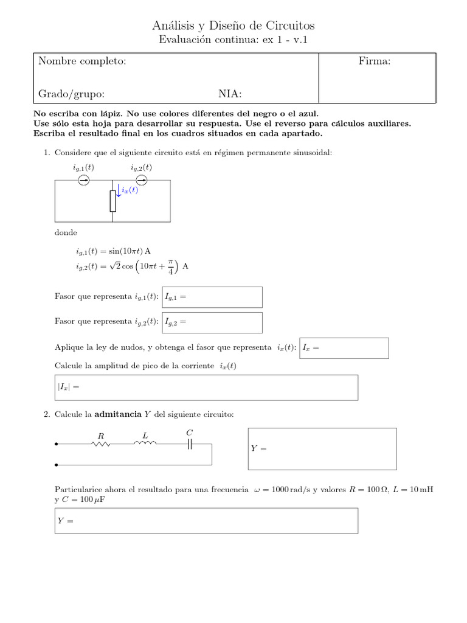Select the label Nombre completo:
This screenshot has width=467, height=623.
pos(82,61)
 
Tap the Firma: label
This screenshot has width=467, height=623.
pos(375,61)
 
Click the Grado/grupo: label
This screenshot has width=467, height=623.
pos(71,94)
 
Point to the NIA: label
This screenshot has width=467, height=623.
pos(230,94)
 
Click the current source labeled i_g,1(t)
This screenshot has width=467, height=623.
pos(84,180)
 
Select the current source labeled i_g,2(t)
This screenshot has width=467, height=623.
pos(141,180)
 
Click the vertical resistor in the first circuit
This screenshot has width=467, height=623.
pos(112,201)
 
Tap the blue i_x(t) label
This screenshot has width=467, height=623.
pos(130,190)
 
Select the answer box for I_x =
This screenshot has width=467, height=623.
pos(344,348)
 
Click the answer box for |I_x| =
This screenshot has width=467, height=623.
pos(206,388)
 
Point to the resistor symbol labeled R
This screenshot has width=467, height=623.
pos(100,444)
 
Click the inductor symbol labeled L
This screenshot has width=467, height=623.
pos(145,444)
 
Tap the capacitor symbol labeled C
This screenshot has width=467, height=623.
pos(190,444)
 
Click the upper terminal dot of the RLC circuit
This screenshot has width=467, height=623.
pos(57,444)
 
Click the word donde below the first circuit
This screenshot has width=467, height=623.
pos(66,233)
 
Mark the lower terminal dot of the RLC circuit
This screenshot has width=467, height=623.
pos(57,465)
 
